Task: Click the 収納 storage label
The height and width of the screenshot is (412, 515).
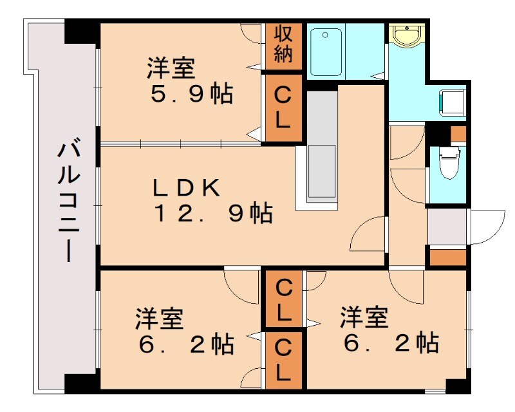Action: [x=283, y=44]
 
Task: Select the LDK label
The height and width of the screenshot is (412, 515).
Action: [x=187, y=187]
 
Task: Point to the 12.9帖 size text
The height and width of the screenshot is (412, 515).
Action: [x=212, y=213]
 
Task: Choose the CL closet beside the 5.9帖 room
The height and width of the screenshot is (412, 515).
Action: [x=283, y=108]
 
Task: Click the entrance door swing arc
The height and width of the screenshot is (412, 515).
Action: [x=489, y=227]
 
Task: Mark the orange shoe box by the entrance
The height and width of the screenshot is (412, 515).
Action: [x=447, y=257]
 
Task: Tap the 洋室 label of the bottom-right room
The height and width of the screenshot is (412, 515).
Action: [x=364, y=317]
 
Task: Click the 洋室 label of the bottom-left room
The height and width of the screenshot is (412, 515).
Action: [x=160, y=319]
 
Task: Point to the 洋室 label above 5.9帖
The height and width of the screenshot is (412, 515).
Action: [x=171, y=68]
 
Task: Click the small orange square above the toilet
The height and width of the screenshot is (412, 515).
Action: [x=458, y=134]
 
